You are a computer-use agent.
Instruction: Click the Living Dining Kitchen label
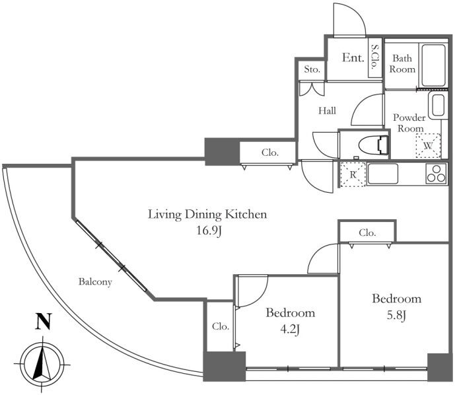(x=207, y=215)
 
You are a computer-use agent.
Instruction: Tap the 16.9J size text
(x=209, y=231)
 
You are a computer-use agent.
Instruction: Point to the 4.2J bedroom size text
(x=290, y=330)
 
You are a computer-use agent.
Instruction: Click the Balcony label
(x=95, y=282)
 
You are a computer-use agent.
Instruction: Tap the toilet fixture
(x=374, y=145)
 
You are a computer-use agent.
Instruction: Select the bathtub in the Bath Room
(x=433, y=65)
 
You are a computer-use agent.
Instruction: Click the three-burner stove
(x=436, y=174)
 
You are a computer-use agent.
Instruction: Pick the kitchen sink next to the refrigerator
(x=382, y=174)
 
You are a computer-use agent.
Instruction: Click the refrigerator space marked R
(x=353, y=174)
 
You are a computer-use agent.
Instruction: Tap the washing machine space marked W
(x=428, y=145)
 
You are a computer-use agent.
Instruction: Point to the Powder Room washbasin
(x=438, y=105)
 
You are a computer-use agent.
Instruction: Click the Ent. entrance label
(x=353, y=57)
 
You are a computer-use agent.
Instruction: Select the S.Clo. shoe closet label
(x=375, y=57)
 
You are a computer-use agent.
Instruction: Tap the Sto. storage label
(x=312, y=69)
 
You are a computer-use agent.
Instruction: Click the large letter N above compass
(x=43, y=321)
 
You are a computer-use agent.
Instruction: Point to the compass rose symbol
(x=42, y=365)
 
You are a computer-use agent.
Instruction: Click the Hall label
(x=327, y=111)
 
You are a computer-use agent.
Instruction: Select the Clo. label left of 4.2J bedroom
(x=221, y=326)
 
